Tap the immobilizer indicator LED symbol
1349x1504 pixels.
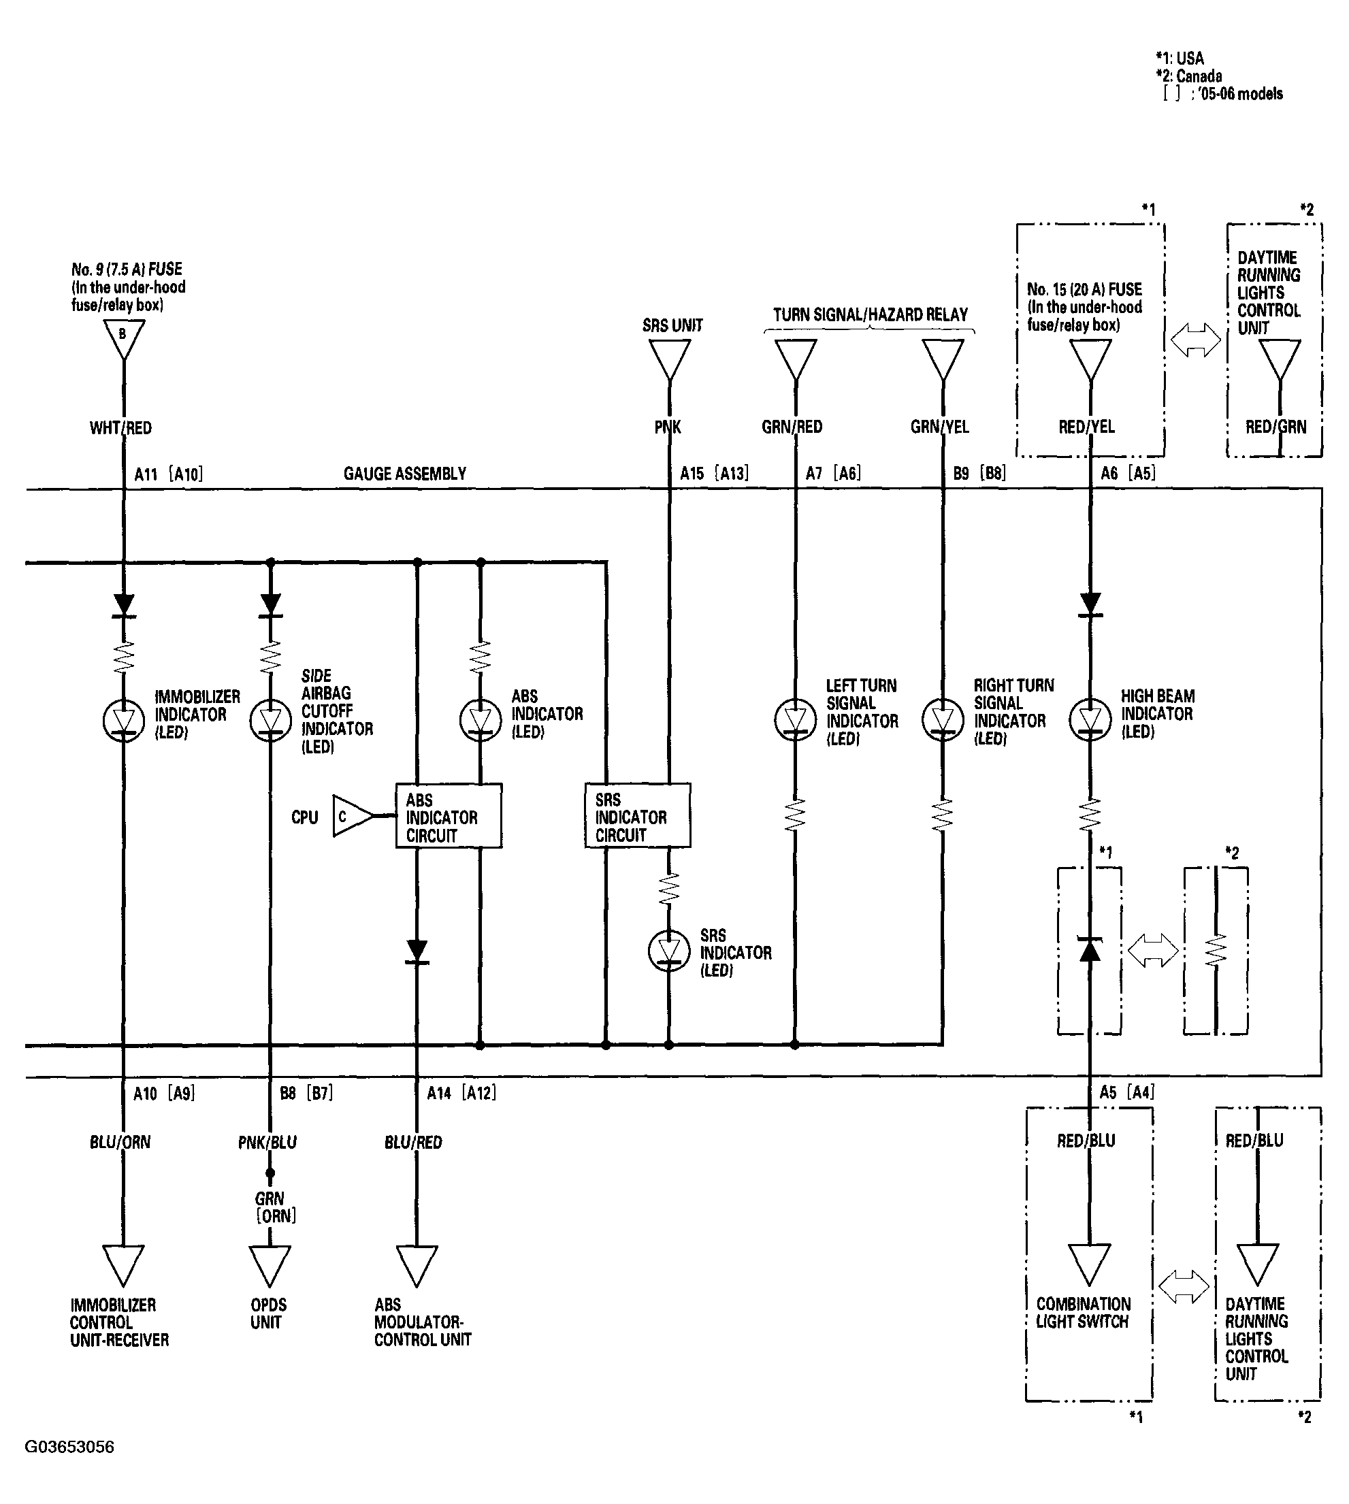124,720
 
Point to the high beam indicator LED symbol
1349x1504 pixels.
1090,720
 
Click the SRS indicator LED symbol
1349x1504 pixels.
669,951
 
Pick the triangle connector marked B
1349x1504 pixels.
124,340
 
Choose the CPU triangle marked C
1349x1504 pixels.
353,816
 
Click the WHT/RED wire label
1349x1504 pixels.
121,427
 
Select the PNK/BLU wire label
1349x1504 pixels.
267,1142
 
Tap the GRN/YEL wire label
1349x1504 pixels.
940,427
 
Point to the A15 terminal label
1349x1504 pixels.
692,473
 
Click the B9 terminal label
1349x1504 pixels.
961,473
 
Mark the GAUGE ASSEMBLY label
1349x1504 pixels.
405,474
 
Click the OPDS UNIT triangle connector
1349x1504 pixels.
270,1266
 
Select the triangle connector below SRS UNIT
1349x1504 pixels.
669,360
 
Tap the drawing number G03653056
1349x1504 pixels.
69,1447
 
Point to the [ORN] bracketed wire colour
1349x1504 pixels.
276,1215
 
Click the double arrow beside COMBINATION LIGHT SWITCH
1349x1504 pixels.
1184,1287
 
